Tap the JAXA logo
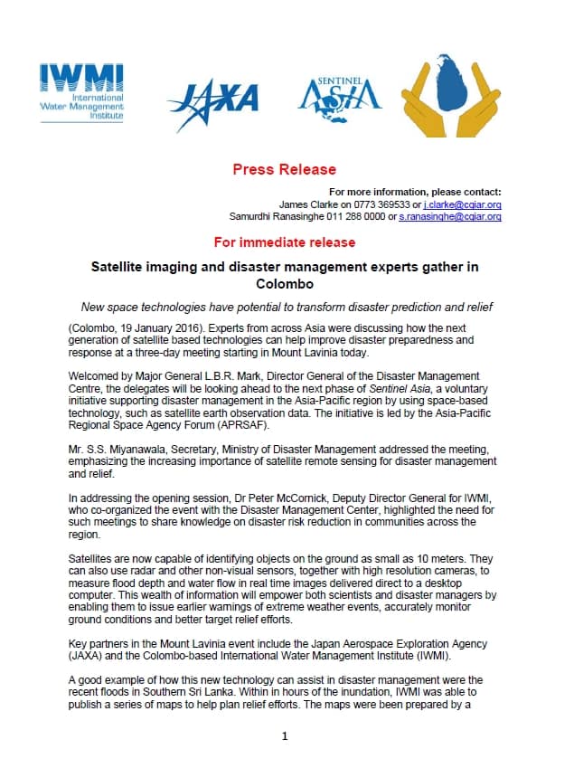tap(215, 98)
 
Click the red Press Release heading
tap(284, 169)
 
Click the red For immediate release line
tap(284, 242)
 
